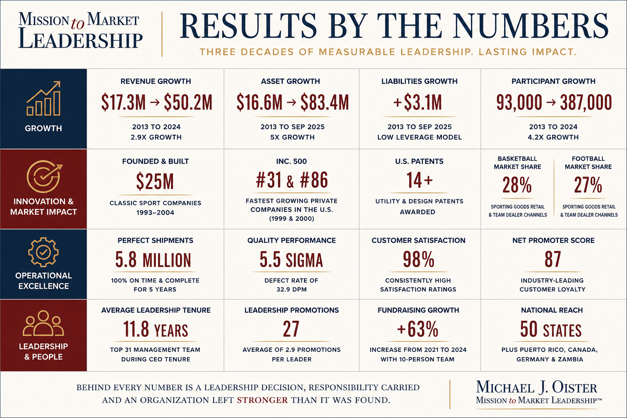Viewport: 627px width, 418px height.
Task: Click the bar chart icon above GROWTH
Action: click(43, 98)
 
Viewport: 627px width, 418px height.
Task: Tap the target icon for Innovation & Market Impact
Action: click(44, 176)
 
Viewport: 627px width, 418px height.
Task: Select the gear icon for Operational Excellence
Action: click(43, 252)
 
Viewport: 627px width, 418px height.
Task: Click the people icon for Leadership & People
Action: click(43, 323)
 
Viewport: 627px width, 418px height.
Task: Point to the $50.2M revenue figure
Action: click(188, 102)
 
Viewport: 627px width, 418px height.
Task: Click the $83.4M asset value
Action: click(325, 102)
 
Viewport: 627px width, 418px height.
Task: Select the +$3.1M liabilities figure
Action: click(418, 102)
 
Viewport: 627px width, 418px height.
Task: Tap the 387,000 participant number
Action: click(586, 102)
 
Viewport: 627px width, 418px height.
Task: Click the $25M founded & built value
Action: click(155, 181)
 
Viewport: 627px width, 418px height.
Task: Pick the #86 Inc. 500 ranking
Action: click(314, 180)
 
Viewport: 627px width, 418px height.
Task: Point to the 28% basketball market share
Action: click(517, 185)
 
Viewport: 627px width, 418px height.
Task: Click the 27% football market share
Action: click(588, 185)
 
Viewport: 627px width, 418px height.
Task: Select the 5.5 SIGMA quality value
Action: click(291, 260)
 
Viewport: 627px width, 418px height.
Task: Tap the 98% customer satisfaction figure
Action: click(418, 259)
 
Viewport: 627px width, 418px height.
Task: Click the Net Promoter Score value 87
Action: click(553, 259)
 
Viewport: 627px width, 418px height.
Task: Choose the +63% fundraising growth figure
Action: click(418, 329)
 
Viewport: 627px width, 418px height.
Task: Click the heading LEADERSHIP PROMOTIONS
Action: click(291, 310)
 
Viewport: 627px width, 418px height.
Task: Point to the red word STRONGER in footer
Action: click(262, 400)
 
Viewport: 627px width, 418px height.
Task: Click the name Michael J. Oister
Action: click(536, 387)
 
